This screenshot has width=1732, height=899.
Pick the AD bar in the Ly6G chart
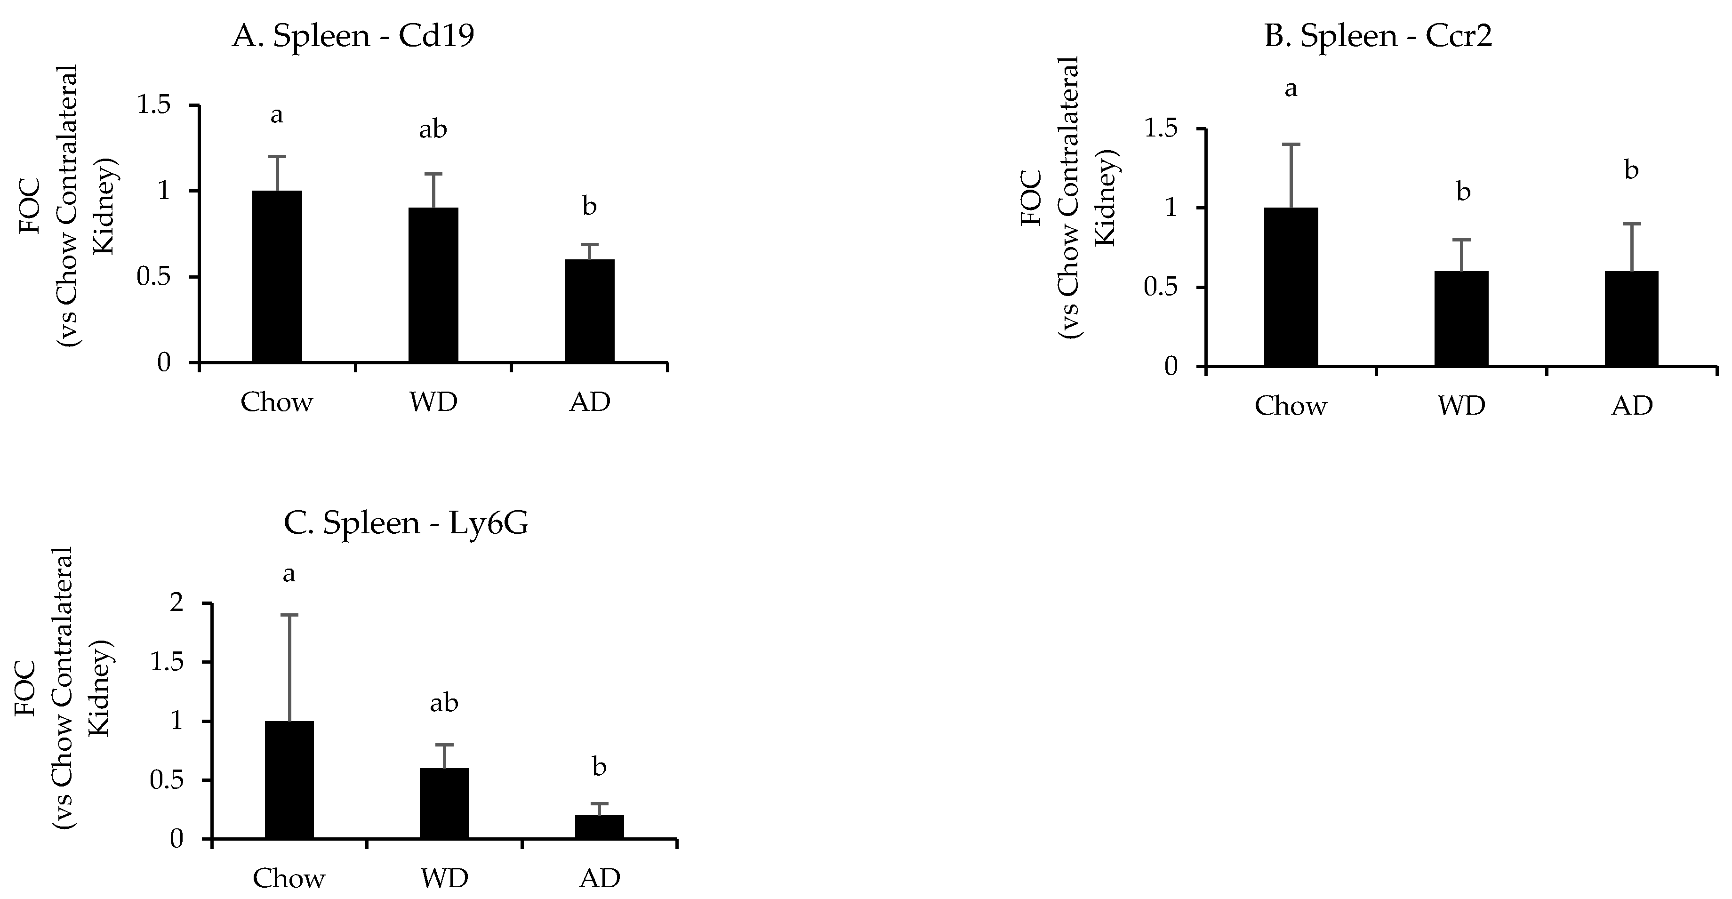pos(599,827)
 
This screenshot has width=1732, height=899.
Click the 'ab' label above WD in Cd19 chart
pos(433,129)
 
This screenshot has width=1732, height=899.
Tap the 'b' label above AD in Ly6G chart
pos(599,767)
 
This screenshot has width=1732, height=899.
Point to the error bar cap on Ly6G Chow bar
pos(289,615)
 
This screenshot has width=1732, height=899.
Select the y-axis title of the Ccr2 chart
pos(1069,198)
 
